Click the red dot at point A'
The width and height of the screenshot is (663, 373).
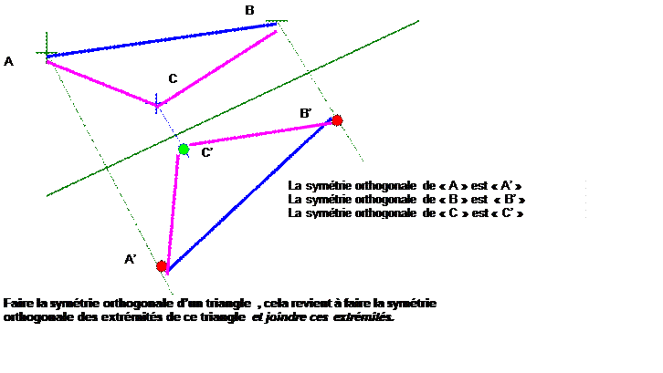click(x=162, y=266)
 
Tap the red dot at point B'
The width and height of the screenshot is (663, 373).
click(x=337, y=120)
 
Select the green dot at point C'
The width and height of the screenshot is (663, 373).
click(x=184, y=150)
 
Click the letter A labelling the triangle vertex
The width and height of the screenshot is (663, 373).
click(x=8, y=62)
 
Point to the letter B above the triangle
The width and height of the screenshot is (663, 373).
click(x=249, y=11)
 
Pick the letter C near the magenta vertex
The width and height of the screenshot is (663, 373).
click(x=173, y=78)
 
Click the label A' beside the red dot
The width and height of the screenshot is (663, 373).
click(x=131, y=259)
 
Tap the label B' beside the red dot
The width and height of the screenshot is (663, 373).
click(x=306, y=113)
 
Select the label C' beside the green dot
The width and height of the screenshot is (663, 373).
click(x=206, y=152)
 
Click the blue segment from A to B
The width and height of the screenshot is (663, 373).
click(x=162, y=40)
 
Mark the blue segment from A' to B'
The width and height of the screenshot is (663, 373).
click(x=250, y=195)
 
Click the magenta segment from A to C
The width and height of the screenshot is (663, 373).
click(x=101, y=83)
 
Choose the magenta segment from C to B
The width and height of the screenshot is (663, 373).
click(x=217, y=67)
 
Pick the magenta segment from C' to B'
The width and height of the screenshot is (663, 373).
click(x=260, y=134)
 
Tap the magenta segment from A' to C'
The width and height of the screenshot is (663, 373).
click(x=173, y=214)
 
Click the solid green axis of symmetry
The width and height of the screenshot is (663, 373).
click(x=233, y=109)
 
